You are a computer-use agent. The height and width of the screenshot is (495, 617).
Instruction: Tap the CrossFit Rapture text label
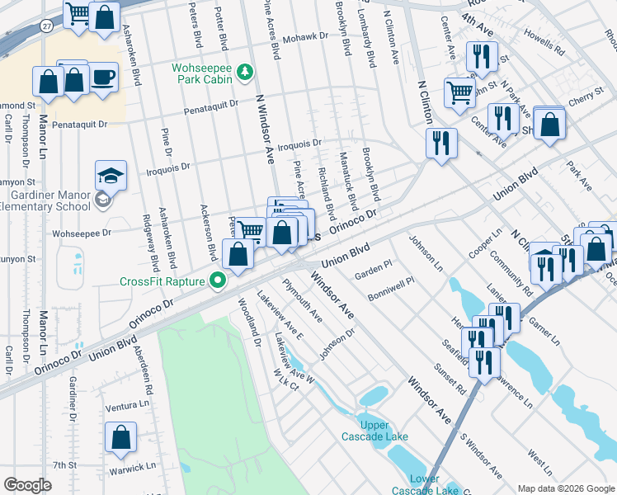(162, 281)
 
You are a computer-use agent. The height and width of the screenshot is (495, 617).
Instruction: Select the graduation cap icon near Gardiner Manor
(111, 176)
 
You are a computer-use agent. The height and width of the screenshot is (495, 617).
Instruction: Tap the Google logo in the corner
(27, 485)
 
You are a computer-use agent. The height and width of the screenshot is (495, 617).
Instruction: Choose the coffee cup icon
(104, 78)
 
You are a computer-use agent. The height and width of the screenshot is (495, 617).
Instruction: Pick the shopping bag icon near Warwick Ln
(120, 440)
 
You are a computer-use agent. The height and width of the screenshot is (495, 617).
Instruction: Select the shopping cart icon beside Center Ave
(459, 91)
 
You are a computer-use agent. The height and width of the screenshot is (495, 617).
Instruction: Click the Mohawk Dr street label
(304, 39)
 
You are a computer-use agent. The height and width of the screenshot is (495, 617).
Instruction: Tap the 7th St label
(64, 465)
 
